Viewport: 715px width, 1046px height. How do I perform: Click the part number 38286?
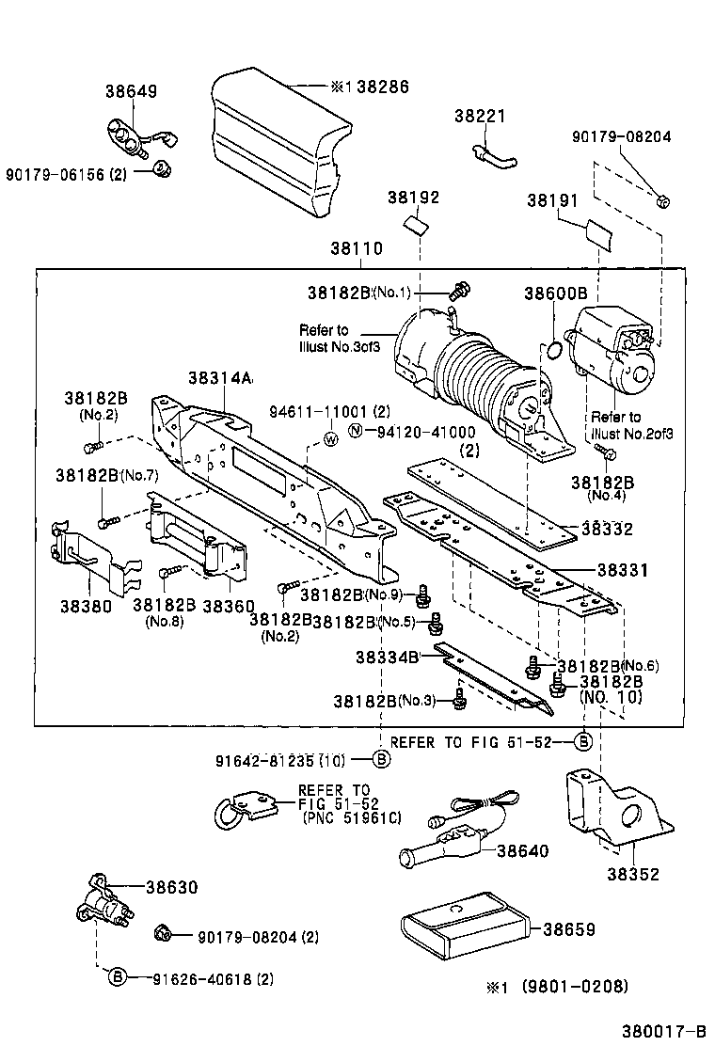(383, 87)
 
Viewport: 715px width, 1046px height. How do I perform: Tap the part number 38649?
(131, 91)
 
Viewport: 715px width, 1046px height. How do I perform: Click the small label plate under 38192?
(415, 226)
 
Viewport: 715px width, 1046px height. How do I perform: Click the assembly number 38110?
(357, 249)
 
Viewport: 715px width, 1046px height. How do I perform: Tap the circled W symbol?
(331, 439)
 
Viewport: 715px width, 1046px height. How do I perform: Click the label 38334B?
(387, 657)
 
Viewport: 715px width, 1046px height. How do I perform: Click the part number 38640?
(522, 850)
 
